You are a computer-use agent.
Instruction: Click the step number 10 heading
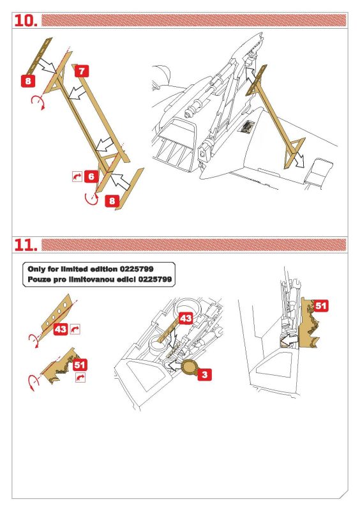click(26, 20)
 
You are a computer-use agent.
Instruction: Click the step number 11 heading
click(26, 245)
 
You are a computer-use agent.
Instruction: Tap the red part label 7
click(82, 71)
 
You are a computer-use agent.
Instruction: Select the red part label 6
click(91, 176)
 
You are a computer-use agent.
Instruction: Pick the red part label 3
click(205, 374)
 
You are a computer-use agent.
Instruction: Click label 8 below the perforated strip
click(28, 80)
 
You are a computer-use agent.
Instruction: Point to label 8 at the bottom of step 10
click(112, 201)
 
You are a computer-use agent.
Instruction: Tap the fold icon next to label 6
click(77, 176)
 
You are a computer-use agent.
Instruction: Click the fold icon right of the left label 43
click(75, 329)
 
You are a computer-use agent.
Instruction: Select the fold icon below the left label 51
click(80, 378)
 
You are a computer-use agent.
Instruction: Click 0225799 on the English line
click(137, 269)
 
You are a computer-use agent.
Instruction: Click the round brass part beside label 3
click(190, 368)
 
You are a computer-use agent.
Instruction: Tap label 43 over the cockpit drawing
click(186, 318)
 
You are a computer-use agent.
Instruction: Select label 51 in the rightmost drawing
click(320, 306)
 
